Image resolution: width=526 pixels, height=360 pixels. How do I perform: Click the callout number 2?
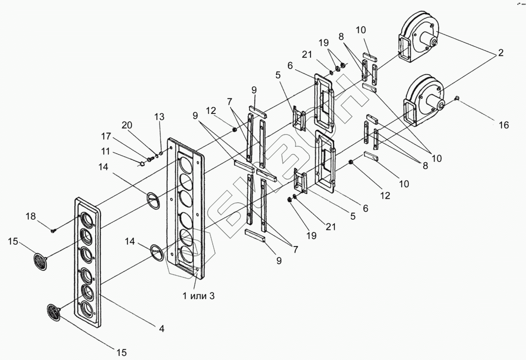pyautogui.click(x=501, y=53)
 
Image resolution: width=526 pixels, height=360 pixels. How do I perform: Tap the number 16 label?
pyautogui.click(x=504, y=126)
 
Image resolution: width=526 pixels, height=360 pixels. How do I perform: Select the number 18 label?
pyautogui.click(x=30, y=216)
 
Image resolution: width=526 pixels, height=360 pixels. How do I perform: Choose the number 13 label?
pyautogui.click(x=160, y=117)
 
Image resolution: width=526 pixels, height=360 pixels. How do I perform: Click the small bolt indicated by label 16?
pyautogui.click(x=457, y=98)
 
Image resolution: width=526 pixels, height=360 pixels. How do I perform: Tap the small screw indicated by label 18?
pyautogui.click(x=54, y=231)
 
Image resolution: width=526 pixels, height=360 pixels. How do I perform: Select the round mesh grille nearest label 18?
pyautogui.click(x=41, y=261)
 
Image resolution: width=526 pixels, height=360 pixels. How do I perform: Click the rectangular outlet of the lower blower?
pyautogui.click(x=411, y=110)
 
